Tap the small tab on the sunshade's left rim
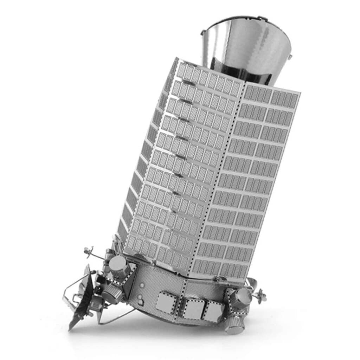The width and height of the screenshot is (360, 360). tap(203, 32)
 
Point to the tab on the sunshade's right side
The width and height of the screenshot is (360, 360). tap(290, 56)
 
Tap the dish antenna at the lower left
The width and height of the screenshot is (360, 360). tap(83, 295)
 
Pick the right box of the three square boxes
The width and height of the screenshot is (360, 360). tap(213, 311)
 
